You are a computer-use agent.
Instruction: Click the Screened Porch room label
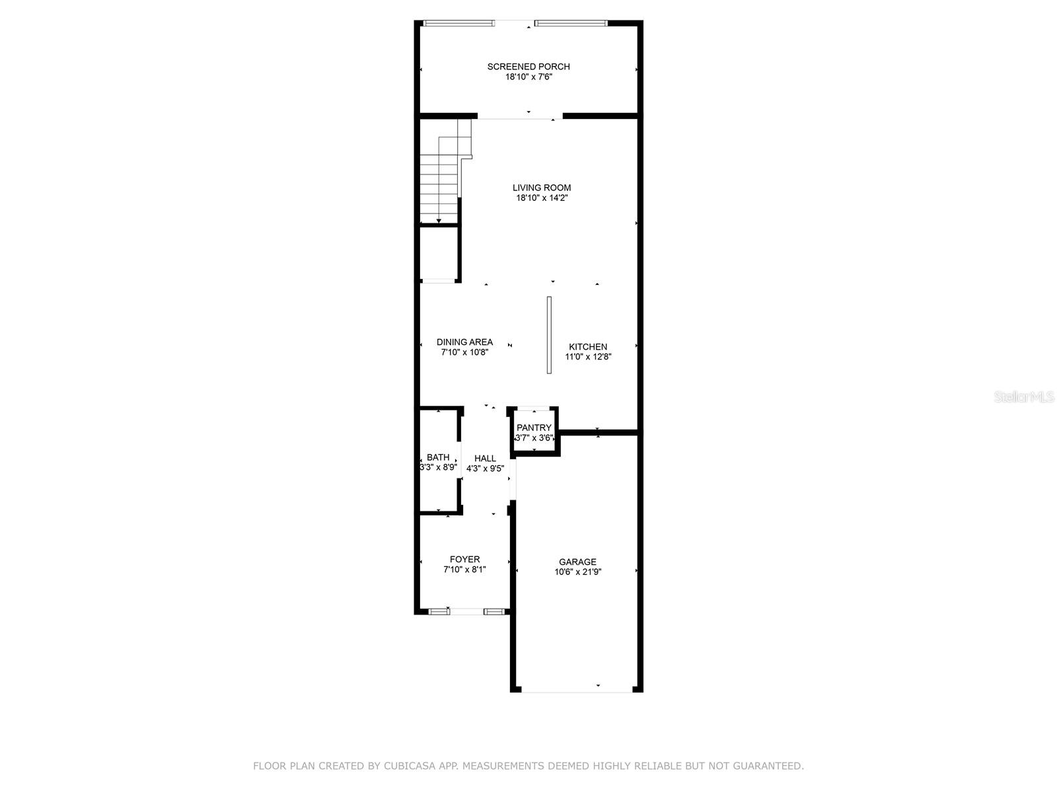coord(528,67)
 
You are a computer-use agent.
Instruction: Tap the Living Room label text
coord(541,188)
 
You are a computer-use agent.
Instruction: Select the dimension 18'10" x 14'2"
coord(542,198)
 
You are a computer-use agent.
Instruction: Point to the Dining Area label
coord(464,342)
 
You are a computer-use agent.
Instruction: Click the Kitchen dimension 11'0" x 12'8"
coord(588,357)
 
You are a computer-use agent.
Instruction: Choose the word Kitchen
coord(588,347)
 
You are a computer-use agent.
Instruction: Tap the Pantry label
coord(534,428)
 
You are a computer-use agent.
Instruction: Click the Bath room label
coord(438,457)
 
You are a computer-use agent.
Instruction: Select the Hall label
coord(485,459)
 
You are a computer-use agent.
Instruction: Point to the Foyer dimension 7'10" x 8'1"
coord(464,570)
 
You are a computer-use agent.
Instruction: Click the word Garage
coord(577,562)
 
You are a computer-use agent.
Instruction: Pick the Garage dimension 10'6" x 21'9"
coord(577,572)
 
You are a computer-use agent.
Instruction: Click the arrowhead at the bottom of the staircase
coord(439,221)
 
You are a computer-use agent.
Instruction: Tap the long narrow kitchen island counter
coord(548,334)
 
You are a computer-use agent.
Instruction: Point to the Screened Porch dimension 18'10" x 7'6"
coord(528,77)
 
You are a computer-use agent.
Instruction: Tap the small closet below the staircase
coord(438,253)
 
